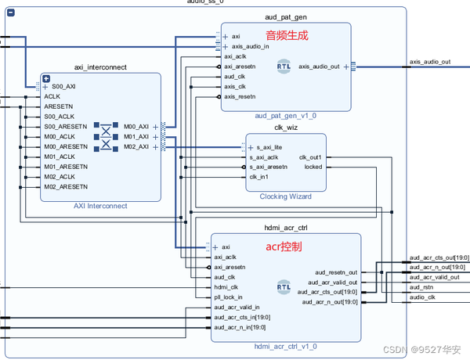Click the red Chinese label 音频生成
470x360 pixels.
pyautogui.click(x=287, y=35)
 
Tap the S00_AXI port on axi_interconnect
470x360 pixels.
pyautogui.click(x=63, y=86)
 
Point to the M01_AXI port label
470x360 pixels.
pyautogui.click(x=136, y=136)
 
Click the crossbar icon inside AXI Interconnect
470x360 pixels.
pyautogui.click(x=104, y=136)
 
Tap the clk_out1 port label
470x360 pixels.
pyautogui.click(x=310, y=157)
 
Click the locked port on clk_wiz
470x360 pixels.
pyautogui.click(x=312, y=167)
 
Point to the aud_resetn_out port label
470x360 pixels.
pyautogui.click(x=336, y=272)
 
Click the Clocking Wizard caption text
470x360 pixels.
pyautogui.click(x=284, y=196)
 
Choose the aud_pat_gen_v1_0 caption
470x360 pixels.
pyautogui.click(x=284, y=116)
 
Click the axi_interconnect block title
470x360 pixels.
pyautogui.click(x=99, y=67)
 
